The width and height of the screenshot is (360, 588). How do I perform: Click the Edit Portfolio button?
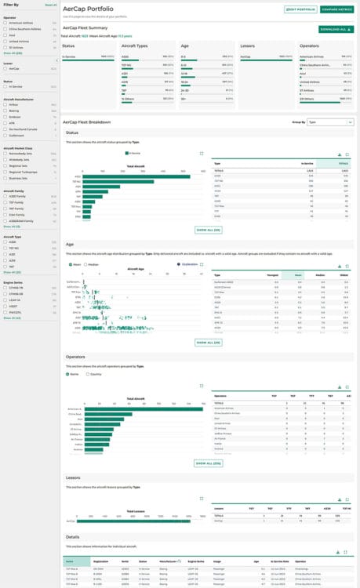tap(301, 9)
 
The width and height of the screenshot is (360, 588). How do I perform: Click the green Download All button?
tap(336, 29)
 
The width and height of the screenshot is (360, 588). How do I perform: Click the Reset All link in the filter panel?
tap(51, 5)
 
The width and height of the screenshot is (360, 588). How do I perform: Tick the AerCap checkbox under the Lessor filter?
tap(5, 69)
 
